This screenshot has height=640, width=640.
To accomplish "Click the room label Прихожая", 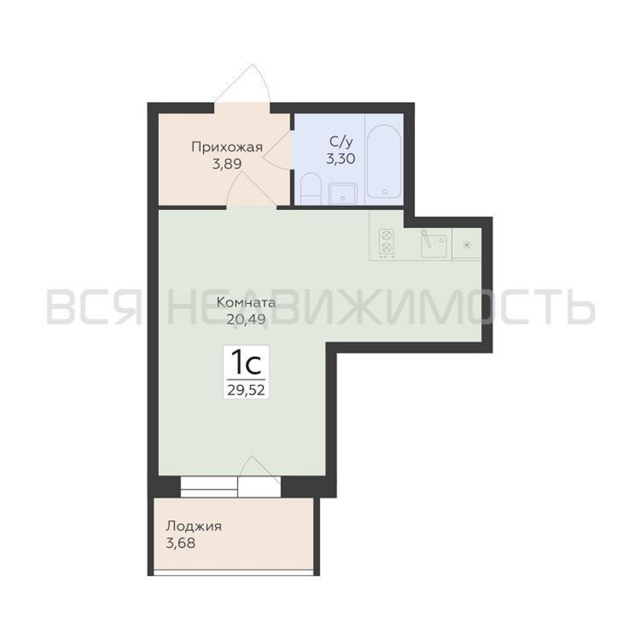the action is tap(227, 148).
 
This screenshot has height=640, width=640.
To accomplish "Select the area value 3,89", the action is tap(227, 164).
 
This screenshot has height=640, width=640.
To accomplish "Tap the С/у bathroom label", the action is tap(341, 142).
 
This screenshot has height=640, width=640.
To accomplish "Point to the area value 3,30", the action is tap(341, 159).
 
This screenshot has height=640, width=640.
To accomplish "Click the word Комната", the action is tap(246, 303).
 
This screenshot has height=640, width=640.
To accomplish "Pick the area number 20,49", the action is tap(246, 319).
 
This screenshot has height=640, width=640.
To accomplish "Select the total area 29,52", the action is tap(246, 390).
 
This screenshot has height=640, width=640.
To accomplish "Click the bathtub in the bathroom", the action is tap(384, 162).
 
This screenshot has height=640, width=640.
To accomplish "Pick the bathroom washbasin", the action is tap(343, 194).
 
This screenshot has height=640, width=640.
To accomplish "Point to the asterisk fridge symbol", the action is tap(467, 245).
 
